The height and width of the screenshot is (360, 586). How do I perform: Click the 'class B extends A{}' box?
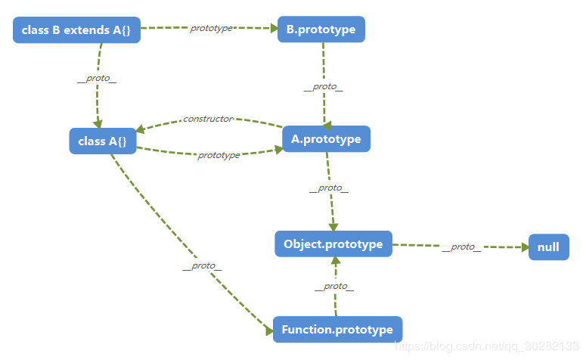76,30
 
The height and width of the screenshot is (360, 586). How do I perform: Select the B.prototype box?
321,29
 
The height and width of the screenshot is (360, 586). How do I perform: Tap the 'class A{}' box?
102,141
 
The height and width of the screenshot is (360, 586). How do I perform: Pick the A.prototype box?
326,139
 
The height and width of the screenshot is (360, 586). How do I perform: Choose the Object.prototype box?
333,244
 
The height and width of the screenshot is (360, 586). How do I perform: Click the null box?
548,247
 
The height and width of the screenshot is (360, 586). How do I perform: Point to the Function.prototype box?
337,330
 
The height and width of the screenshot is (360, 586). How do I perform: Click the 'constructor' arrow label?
208,119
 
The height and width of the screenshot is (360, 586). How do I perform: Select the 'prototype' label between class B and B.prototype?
211,28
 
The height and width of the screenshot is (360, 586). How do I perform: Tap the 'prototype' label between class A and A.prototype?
219,155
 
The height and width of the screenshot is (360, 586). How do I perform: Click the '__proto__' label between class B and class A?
98,79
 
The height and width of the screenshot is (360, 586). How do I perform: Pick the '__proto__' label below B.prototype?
323,86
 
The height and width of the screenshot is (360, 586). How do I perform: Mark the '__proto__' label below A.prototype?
328,188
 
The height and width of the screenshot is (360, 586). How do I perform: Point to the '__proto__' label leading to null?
460,247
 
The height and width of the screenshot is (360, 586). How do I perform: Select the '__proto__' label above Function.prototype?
333,286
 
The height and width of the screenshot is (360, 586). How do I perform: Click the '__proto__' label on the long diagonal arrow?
202,265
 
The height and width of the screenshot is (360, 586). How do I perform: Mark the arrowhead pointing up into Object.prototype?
334,261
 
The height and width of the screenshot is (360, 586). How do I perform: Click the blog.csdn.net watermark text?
488,346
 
